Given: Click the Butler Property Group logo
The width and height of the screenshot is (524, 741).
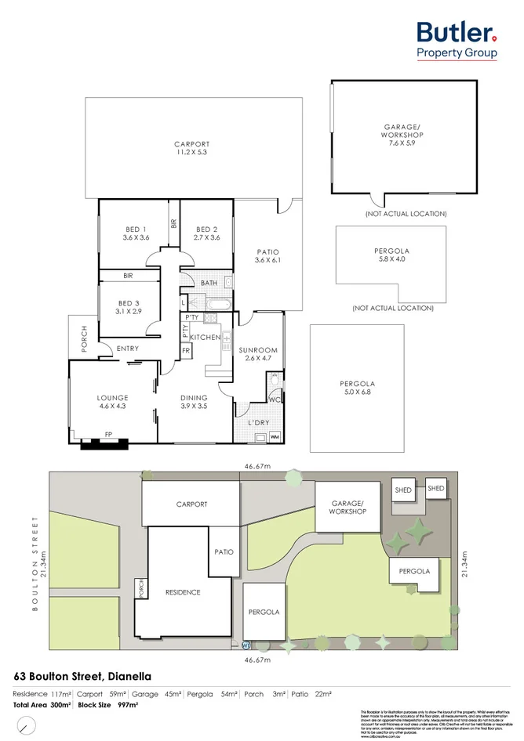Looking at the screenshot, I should click(x=457, y=39).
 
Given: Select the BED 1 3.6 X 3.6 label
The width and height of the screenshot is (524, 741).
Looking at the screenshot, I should click(x=136, y=233).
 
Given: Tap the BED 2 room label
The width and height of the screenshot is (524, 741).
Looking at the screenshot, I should click(x=206, y=233).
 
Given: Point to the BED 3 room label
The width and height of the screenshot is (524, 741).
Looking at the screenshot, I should click(x=128, y=307).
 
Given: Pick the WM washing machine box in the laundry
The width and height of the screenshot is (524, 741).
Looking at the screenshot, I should click(x=275, y=436).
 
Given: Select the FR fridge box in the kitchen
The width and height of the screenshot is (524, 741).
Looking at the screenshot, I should click(x=187, y=351).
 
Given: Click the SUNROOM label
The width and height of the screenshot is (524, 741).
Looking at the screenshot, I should click(x=259, y=355).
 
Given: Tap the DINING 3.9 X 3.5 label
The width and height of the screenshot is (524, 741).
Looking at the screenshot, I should click(x=194, y=402).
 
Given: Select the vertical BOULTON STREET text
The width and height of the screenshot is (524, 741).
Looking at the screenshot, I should click(x=35, y=560).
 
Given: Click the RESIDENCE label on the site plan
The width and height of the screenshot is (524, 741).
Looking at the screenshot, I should click(x=182, y=592).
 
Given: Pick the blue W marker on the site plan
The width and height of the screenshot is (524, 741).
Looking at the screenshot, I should click(x=246, y=646).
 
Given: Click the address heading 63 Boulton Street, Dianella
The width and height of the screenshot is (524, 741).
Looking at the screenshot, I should click(x=83, y=675).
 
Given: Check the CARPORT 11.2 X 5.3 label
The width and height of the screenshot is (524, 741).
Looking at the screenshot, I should click(x=192, y=148).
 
